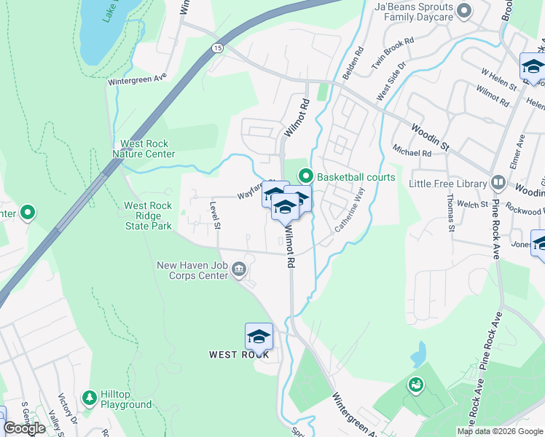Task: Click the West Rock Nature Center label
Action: coord(144,149)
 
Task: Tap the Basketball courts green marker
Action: coord(306,176)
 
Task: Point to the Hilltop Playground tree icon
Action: coord(90,398)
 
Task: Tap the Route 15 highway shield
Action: coord(217,47)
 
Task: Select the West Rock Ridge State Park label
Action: coord(148,216)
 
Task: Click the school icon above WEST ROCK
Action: coord(259,336)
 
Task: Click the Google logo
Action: coord(24,428)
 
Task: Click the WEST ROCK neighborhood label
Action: coord(239,355)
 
